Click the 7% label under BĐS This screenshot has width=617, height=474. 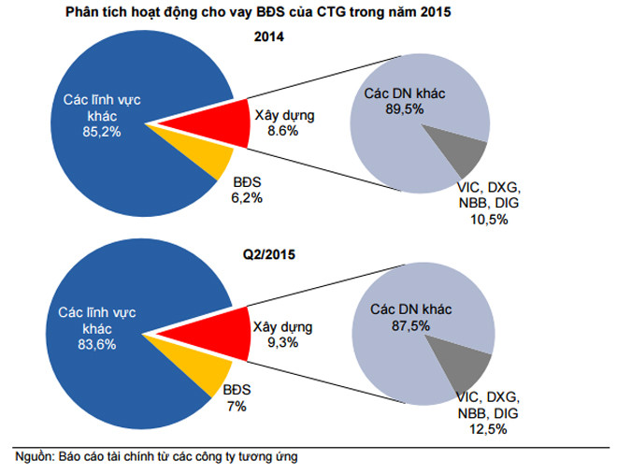(x=238, y=406)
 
